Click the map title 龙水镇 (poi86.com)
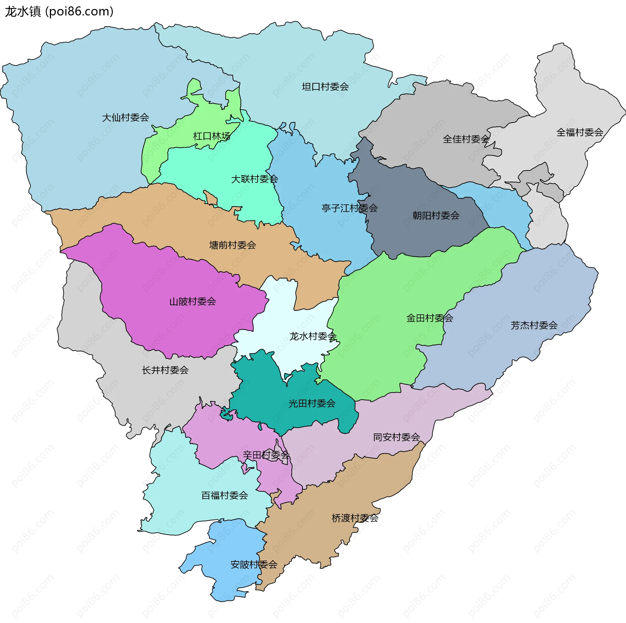(59, 12)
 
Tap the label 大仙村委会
(126, 118)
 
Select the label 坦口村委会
(325, 87)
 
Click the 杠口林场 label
(212, 136)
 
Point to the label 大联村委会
(254, 179)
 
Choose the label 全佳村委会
(466, 139)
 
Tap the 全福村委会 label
(580, 133)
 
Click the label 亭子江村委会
(350, 208)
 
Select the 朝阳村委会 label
(436, 216)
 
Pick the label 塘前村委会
(232, 245)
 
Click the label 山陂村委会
(193, 302)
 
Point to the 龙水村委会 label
(313, 336)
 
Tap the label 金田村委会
(429, 318)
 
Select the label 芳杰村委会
(534, 325)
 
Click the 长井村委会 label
(165, 370)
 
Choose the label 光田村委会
(312, 404)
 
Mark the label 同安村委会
(396, 437)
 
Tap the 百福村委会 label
(225, 496)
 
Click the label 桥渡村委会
(355, 518)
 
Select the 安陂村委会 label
(254, 565)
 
